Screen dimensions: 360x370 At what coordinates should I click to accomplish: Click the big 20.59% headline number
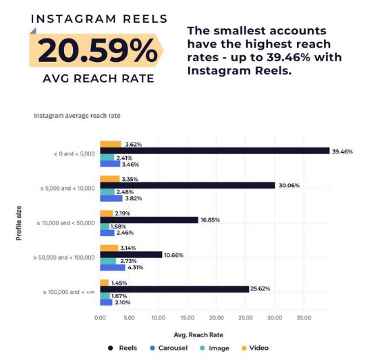[96, 52]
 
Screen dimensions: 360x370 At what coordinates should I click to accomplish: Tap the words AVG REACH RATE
[96, 78]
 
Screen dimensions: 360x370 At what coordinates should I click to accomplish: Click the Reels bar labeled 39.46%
[214, 151]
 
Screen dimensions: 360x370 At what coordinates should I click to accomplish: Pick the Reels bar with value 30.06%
[187, 185]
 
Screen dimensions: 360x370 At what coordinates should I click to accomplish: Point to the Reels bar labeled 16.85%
[148, 220]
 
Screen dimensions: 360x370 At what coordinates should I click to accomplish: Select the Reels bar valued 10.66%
[131, 255]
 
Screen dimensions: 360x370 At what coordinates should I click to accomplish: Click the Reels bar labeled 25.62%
[174, 289]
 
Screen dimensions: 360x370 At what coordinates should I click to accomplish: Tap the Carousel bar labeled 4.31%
[112, 268]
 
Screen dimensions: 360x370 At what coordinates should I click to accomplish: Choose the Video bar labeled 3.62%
[110, 144]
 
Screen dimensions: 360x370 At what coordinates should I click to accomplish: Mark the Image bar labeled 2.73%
[107, 262]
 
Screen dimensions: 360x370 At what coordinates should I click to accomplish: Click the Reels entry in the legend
[123, 348]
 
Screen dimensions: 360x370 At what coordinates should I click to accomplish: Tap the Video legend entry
[254, 348]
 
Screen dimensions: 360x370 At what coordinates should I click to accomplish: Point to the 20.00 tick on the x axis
[216, 319]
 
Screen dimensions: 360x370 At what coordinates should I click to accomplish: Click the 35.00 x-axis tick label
[303, 319]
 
